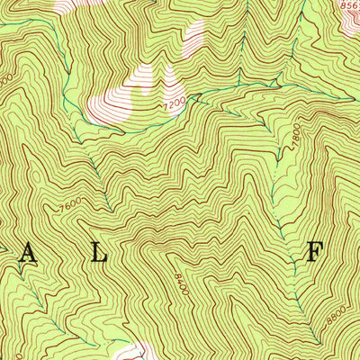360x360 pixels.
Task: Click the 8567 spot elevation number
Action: click(x=348, y=4)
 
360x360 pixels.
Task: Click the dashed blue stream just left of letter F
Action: click(x=286, y=245)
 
